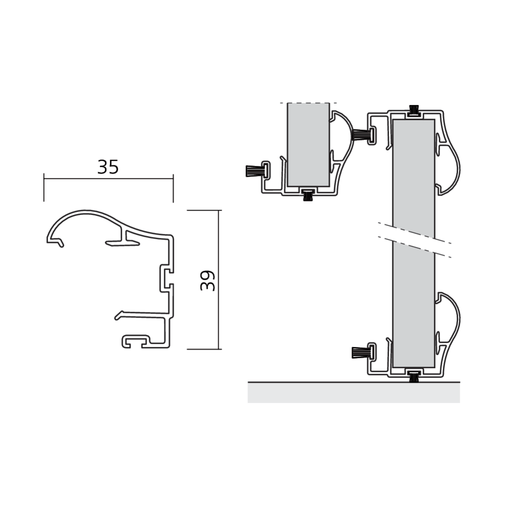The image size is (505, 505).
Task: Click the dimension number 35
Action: [108, 167]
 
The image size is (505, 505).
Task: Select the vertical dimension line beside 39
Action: [219, 279]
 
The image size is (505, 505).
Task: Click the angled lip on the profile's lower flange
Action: [119, 316]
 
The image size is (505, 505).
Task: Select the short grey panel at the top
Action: [308, 144]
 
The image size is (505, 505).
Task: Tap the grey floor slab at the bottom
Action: [353, 392]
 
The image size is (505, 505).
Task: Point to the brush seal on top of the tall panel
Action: [414, 110]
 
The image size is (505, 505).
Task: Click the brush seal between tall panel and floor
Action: [414, 376]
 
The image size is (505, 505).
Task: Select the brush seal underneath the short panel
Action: [307, 195]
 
